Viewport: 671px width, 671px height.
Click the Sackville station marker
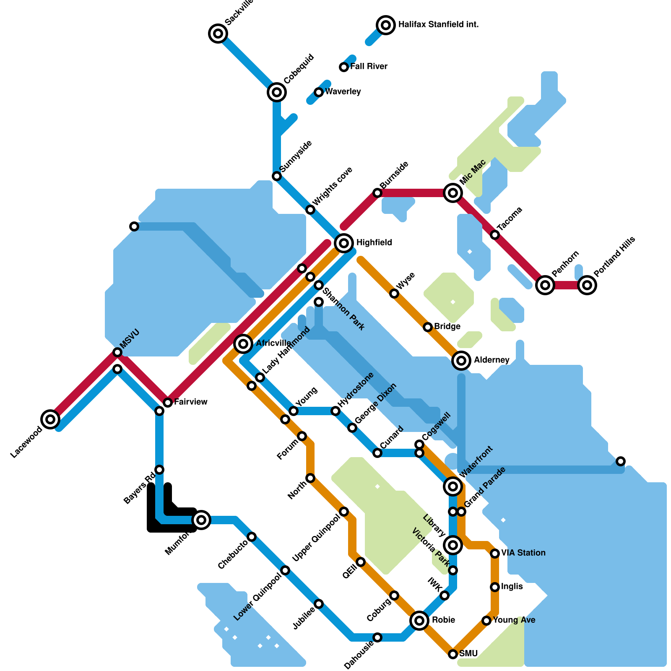coord(218,33)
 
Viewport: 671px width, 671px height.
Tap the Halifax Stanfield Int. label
coord(438,25)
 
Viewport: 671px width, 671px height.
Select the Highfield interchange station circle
coord(344,243)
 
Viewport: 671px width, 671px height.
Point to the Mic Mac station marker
coord(453,193)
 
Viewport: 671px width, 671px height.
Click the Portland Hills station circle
coord(587,285)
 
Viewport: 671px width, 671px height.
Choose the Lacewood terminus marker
coord(50,419)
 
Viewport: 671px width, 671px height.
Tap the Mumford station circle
coord(201,520)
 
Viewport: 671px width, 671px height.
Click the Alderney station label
coord(492,360)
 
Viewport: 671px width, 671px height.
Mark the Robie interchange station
coord(419,620)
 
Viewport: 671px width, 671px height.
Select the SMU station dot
coord(453,654)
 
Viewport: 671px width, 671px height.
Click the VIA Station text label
coord(523,553)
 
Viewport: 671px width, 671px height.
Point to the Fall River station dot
coord(344,67)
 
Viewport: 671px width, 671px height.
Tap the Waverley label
coord(343,92)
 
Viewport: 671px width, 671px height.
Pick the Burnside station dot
coord(377,193)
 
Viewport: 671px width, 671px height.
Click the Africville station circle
coord(243,344)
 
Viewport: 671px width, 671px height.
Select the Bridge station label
coord(447,327)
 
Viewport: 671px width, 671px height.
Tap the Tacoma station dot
coord(495,235)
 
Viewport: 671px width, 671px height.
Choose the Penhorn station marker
coord(545,285)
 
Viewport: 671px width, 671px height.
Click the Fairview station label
coord(190,402)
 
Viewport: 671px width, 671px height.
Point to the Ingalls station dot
coord(495,587)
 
